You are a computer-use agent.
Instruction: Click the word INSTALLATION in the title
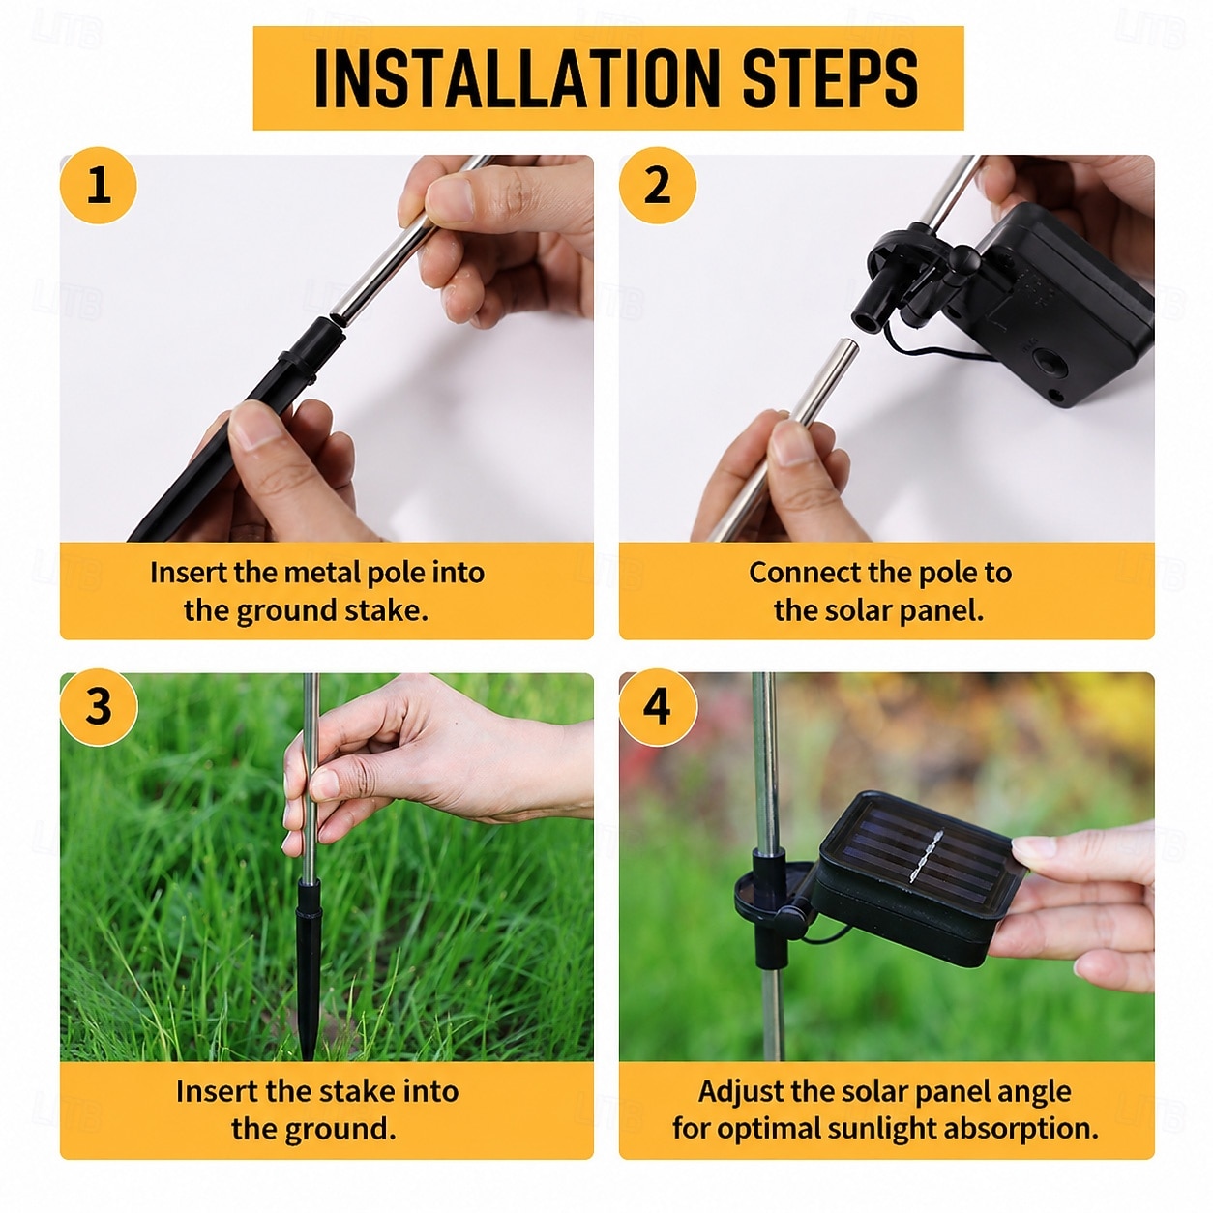point(517,78)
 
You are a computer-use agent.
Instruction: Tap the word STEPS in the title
point(830,78)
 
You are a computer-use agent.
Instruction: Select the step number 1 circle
point(99,185)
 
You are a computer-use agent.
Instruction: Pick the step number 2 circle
point(657,185)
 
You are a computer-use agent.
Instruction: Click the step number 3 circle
point(99,706)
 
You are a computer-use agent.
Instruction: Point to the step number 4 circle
point(657,706)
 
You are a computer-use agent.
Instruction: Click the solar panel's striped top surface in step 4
point(920,857)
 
